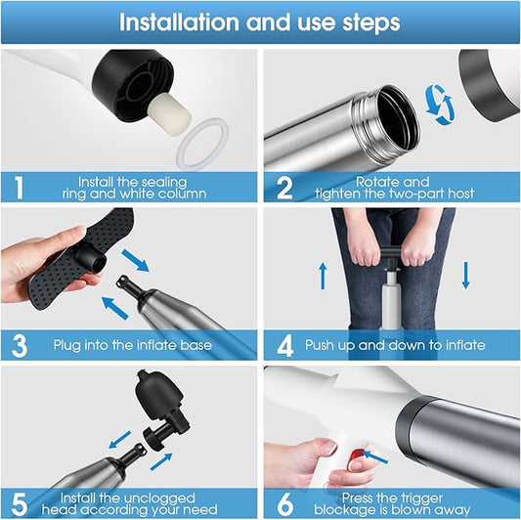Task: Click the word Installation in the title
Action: (x=180, y=22)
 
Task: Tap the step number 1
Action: (x=19, y=188)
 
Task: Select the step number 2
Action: (x=284, y=188)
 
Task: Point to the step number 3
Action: (x=19, y=346)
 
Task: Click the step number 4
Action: (x=285, y=346)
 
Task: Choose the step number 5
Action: (x=20, y=504)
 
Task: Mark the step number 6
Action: (x=285, y=504)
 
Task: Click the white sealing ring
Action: (x=202, y=144)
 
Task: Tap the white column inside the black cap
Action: (x=170, y=108)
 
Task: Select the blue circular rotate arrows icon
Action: (x=439, y=105)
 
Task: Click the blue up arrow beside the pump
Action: (x=323, y=276)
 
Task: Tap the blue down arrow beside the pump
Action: (x=465, y=276)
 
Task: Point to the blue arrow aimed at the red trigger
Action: (x=375, y=456)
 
